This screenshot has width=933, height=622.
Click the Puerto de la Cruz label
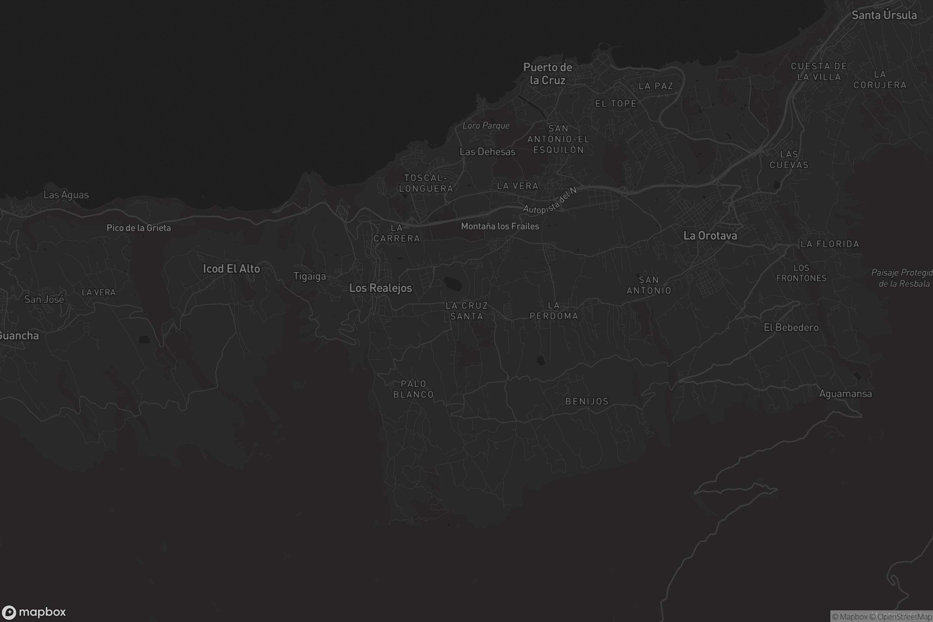click(x=547, y=74)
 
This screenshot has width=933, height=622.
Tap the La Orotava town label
click(x=710, y=236)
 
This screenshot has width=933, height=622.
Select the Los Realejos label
click(x=381, y=288)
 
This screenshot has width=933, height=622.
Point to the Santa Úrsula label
click(x=884, y=15)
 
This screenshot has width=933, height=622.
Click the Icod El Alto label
click(x=231, y=269)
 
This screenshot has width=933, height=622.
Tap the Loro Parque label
click(x=486, y=126)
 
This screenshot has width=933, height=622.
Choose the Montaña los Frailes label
click(x=500, y=226)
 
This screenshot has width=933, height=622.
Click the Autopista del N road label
click(x=549, y=201)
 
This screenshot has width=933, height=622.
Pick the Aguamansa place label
click(x=845, y=394)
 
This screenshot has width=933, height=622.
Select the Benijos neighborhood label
click(x=587, y=402)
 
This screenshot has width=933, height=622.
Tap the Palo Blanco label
click(x=413, y=389)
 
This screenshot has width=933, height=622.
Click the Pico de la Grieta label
click(x=138, y=228)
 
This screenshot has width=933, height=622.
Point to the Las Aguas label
click(x=66, y=195)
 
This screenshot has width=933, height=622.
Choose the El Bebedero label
click(x=791, y=327)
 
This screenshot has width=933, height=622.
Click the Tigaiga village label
click(x=309, y=276)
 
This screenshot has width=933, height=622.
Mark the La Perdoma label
click(x=554, y=311)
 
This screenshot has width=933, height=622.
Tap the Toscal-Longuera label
click(x=426, y=183)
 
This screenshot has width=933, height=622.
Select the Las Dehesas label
click(x=487, y=152)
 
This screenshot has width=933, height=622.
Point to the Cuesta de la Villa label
click(x=819, y=72)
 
